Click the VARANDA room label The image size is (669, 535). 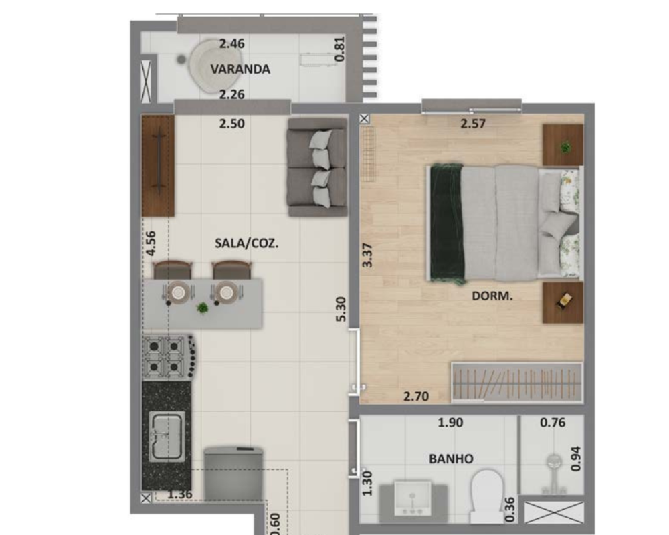tap(240, 69)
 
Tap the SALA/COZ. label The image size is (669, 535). tap(247, 243)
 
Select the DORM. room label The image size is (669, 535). tap(492, 296)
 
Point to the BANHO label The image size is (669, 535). tap(451, 459)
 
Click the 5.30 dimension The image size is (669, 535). tap(341, 310)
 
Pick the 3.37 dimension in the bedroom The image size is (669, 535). tap(367, 255)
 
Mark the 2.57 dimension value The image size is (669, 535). tap(473, 124)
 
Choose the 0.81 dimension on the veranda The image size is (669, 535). tap(339, 49)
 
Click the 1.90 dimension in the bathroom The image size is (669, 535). tap(450, 423)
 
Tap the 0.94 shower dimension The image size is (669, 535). tap(575, 459)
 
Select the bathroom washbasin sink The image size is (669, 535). tap(413, 498)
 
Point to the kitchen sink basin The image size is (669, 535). tap(167, 437)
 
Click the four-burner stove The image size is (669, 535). tap(169, 358)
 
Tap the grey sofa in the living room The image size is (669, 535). tap(317, 167)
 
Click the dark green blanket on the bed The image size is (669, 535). tap(447, 223)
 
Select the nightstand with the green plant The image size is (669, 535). tap(563, 145)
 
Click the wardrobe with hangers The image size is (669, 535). tap(517, 383)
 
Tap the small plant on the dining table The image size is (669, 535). tap(202, 307)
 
